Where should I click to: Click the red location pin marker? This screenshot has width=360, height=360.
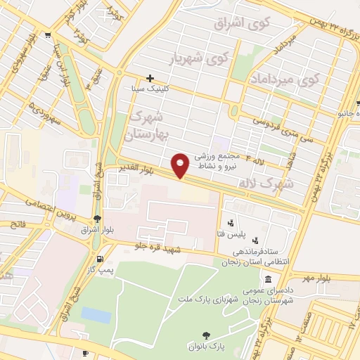coord(181,165)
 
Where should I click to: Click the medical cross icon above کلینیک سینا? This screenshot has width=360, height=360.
coord(150,78)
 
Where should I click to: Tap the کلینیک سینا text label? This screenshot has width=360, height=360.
coord(151,90)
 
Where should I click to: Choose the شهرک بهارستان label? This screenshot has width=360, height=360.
coord(145,123)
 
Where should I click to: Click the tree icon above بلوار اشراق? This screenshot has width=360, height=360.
coord(96,219)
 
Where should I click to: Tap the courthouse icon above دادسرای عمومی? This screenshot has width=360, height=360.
coord(269,278)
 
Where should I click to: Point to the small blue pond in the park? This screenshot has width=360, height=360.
coord(96,315)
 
